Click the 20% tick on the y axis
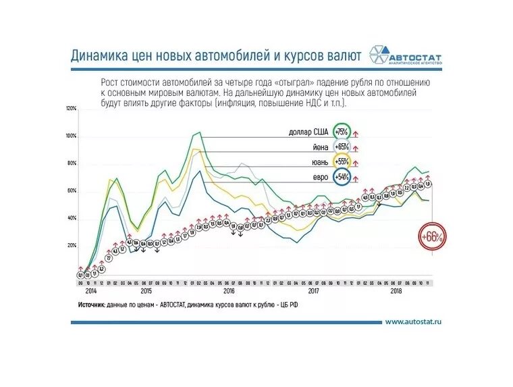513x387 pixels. tap(72, 246)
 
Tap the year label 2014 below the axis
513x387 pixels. tap(92, 291)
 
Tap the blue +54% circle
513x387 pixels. tap(341, 177)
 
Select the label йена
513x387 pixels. tap(320, 147)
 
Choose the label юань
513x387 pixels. tap(320, 162)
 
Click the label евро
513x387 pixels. tap(321, 177)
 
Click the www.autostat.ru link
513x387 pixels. tap(413, 322)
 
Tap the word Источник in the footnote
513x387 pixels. tap(90, 305)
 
